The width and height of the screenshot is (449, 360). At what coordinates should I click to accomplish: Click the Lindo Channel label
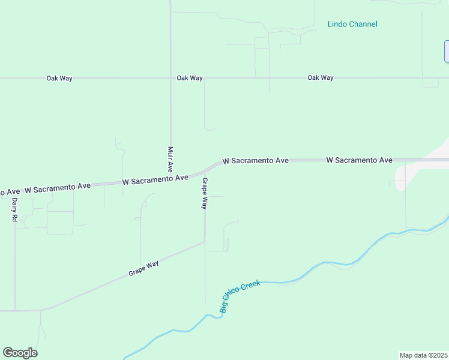coord(352,24)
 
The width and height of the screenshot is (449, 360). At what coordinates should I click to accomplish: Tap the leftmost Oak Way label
coord(59,79)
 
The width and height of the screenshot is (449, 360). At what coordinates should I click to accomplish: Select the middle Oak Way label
coord(190,79)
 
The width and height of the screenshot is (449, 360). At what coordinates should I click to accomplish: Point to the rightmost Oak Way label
coord(321,78)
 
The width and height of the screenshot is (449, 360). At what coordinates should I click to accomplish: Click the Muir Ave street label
coord(170,159)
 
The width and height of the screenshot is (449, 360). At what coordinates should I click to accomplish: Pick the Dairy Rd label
coord(14,211)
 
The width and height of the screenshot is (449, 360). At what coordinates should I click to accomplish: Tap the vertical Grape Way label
coord(205,193)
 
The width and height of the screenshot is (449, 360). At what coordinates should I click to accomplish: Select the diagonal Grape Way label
coord(143,268)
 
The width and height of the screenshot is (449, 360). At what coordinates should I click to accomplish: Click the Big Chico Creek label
coord(240,298)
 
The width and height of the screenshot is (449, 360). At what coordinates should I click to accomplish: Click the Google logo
coord(20,353)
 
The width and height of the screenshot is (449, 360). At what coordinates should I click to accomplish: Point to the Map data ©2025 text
coord(423,355)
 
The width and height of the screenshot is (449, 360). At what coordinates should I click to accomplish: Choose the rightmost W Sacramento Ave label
coord(359,160)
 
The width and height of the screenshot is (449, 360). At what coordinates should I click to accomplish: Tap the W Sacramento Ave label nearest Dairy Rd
coord(57,188)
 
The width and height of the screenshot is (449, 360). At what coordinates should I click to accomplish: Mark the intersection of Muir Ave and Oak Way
coord(170,78)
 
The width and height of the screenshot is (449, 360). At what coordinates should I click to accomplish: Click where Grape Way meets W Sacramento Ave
coord(205,172)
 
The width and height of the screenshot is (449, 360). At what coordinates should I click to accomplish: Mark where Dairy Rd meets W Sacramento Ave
coord(14,193)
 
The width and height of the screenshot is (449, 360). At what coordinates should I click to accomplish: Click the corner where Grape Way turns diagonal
coord(205,242)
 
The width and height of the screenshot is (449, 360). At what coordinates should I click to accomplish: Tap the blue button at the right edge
coord(447,51)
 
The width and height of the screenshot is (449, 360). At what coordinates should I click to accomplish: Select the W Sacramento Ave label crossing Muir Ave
coord(155,179)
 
